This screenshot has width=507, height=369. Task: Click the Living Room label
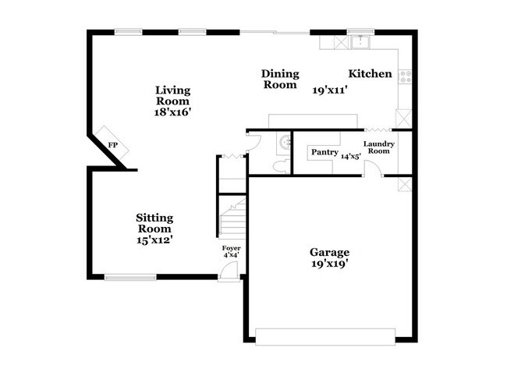(172, 95)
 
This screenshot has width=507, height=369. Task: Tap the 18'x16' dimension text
(172, 112)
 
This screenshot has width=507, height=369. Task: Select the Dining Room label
(280, 79)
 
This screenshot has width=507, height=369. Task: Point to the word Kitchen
(370, 74)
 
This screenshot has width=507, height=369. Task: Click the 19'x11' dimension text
(330, 90)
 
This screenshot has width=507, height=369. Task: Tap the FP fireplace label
(112, 145)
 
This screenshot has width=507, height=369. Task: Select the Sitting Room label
(154, 223)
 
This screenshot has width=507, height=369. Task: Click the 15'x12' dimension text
(154, 240)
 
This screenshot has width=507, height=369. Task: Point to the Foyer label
(231, 248)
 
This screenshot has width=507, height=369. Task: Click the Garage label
(329, 252)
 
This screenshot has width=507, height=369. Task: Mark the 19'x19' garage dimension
(329, 264)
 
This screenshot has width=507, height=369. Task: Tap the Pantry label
(324, 152)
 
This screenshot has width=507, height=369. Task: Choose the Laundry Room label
(379, 147)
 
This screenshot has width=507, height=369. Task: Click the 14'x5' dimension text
(351, 157)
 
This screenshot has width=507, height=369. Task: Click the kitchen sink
(360, 42)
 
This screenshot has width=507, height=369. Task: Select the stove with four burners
(405, 76)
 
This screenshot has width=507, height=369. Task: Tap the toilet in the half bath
(282, 166)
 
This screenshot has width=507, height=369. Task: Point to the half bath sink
(285, 142)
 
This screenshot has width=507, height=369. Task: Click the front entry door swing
(229, 270)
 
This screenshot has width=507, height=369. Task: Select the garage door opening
(325, 337)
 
